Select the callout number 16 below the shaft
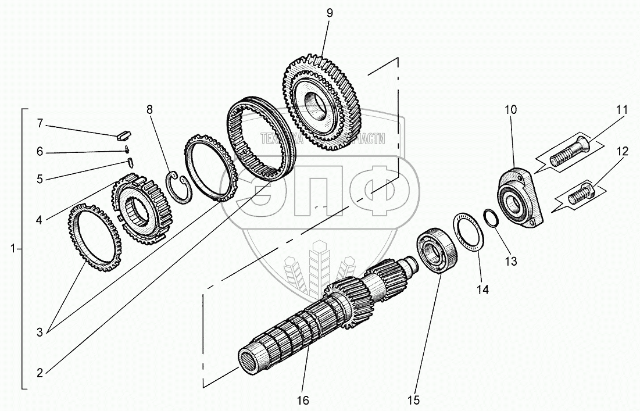point(303,400)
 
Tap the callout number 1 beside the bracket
point(13,249)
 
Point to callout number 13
point(510,262)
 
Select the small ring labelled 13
point(491,220)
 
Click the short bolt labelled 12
point(582,192)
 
